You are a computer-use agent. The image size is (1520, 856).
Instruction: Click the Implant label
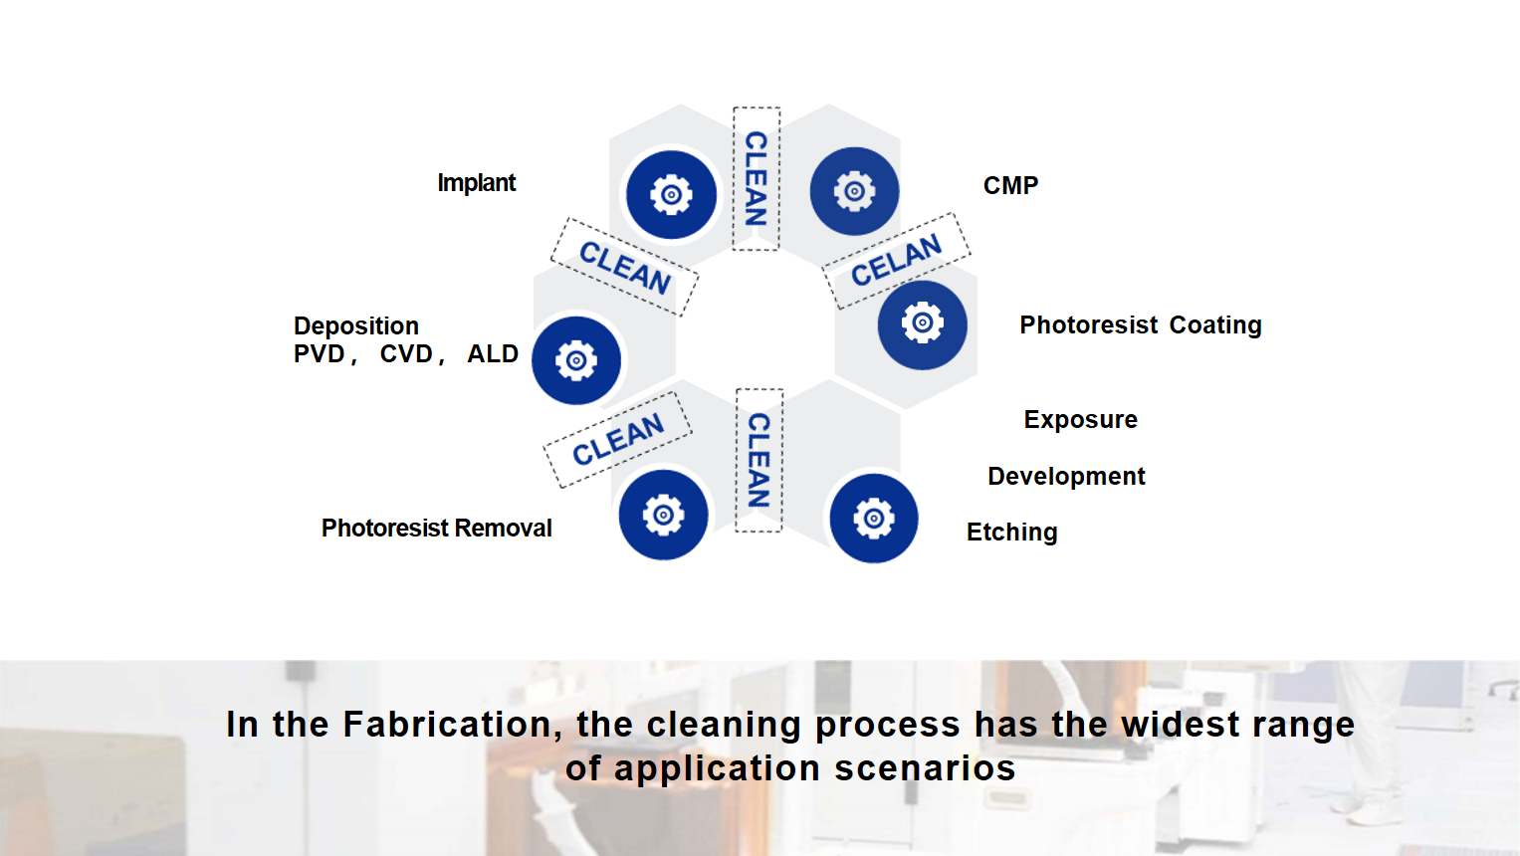tap(477, 183)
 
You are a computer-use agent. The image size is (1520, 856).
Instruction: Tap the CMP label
tap(1010, 185)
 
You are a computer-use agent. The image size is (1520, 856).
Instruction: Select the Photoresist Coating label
tap(1141, 324)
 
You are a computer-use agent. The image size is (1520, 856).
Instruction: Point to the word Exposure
tap(1080, 420)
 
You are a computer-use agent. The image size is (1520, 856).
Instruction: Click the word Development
tap(1066, 476)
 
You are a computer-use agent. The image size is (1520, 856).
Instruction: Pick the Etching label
tap(1011, 533)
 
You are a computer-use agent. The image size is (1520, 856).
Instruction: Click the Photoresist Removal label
tap(436, 528)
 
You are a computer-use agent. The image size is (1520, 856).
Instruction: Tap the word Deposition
tap(356, 326)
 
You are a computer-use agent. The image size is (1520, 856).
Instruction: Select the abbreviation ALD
tap(493, 354)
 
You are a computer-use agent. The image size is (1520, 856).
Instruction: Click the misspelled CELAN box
tap(897, 261)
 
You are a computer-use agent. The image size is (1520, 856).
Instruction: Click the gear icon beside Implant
tap(671, 195)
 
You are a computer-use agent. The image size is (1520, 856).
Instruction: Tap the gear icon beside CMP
tap(854, 191)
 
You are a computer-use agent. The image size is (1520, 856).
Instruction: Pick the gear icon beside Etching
tap(873, 519)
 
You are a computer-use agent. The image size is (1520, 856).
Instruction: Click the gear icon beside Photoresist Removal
tap(663, 516)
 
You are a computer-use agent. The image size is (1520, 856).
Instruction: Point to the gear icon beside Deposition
tap(576, 361)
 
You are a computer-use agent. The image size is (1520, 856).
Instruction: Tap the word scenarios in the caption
tap(925, 769)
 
